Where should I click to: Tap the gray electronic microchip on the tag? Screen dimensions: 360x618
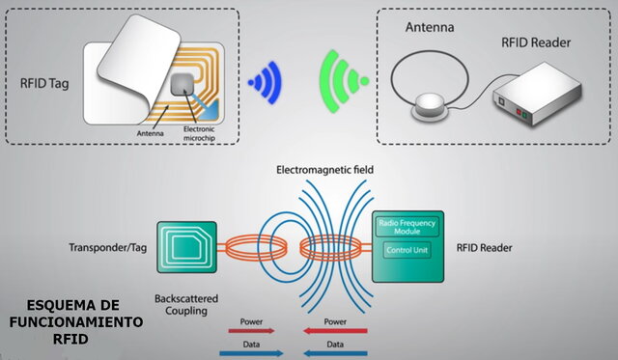[x=182, y=87]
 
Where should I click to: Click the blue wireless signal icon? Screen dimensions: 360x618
[x=264, y=84]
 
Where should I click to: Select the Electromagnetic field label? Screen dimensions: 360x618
[x=324, y=170]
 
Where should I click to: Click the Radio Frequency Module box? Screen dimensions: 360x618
[x=407, y=228]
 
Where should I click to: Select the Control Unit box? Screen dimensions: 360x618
[x=407, y=250]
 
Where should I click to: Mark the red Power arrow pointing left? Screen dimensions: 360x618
[x=335, y=330]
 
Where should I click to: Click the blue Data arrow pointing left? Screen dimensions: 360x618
[x=335, y=352]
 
